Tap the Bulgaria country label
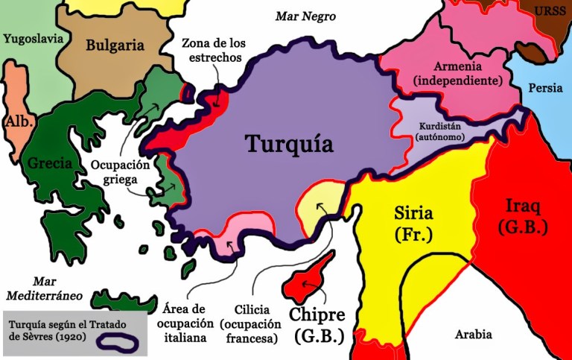click(115, 45)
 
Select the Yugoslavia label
click(33, 38)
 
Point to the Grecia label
click(49, 162)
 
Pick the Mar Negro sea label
click(305, 16)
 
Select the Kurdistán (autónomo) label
click(442, 131)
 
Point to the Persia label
click(545, 88)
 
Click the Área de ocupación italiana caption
click(182, 323)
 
